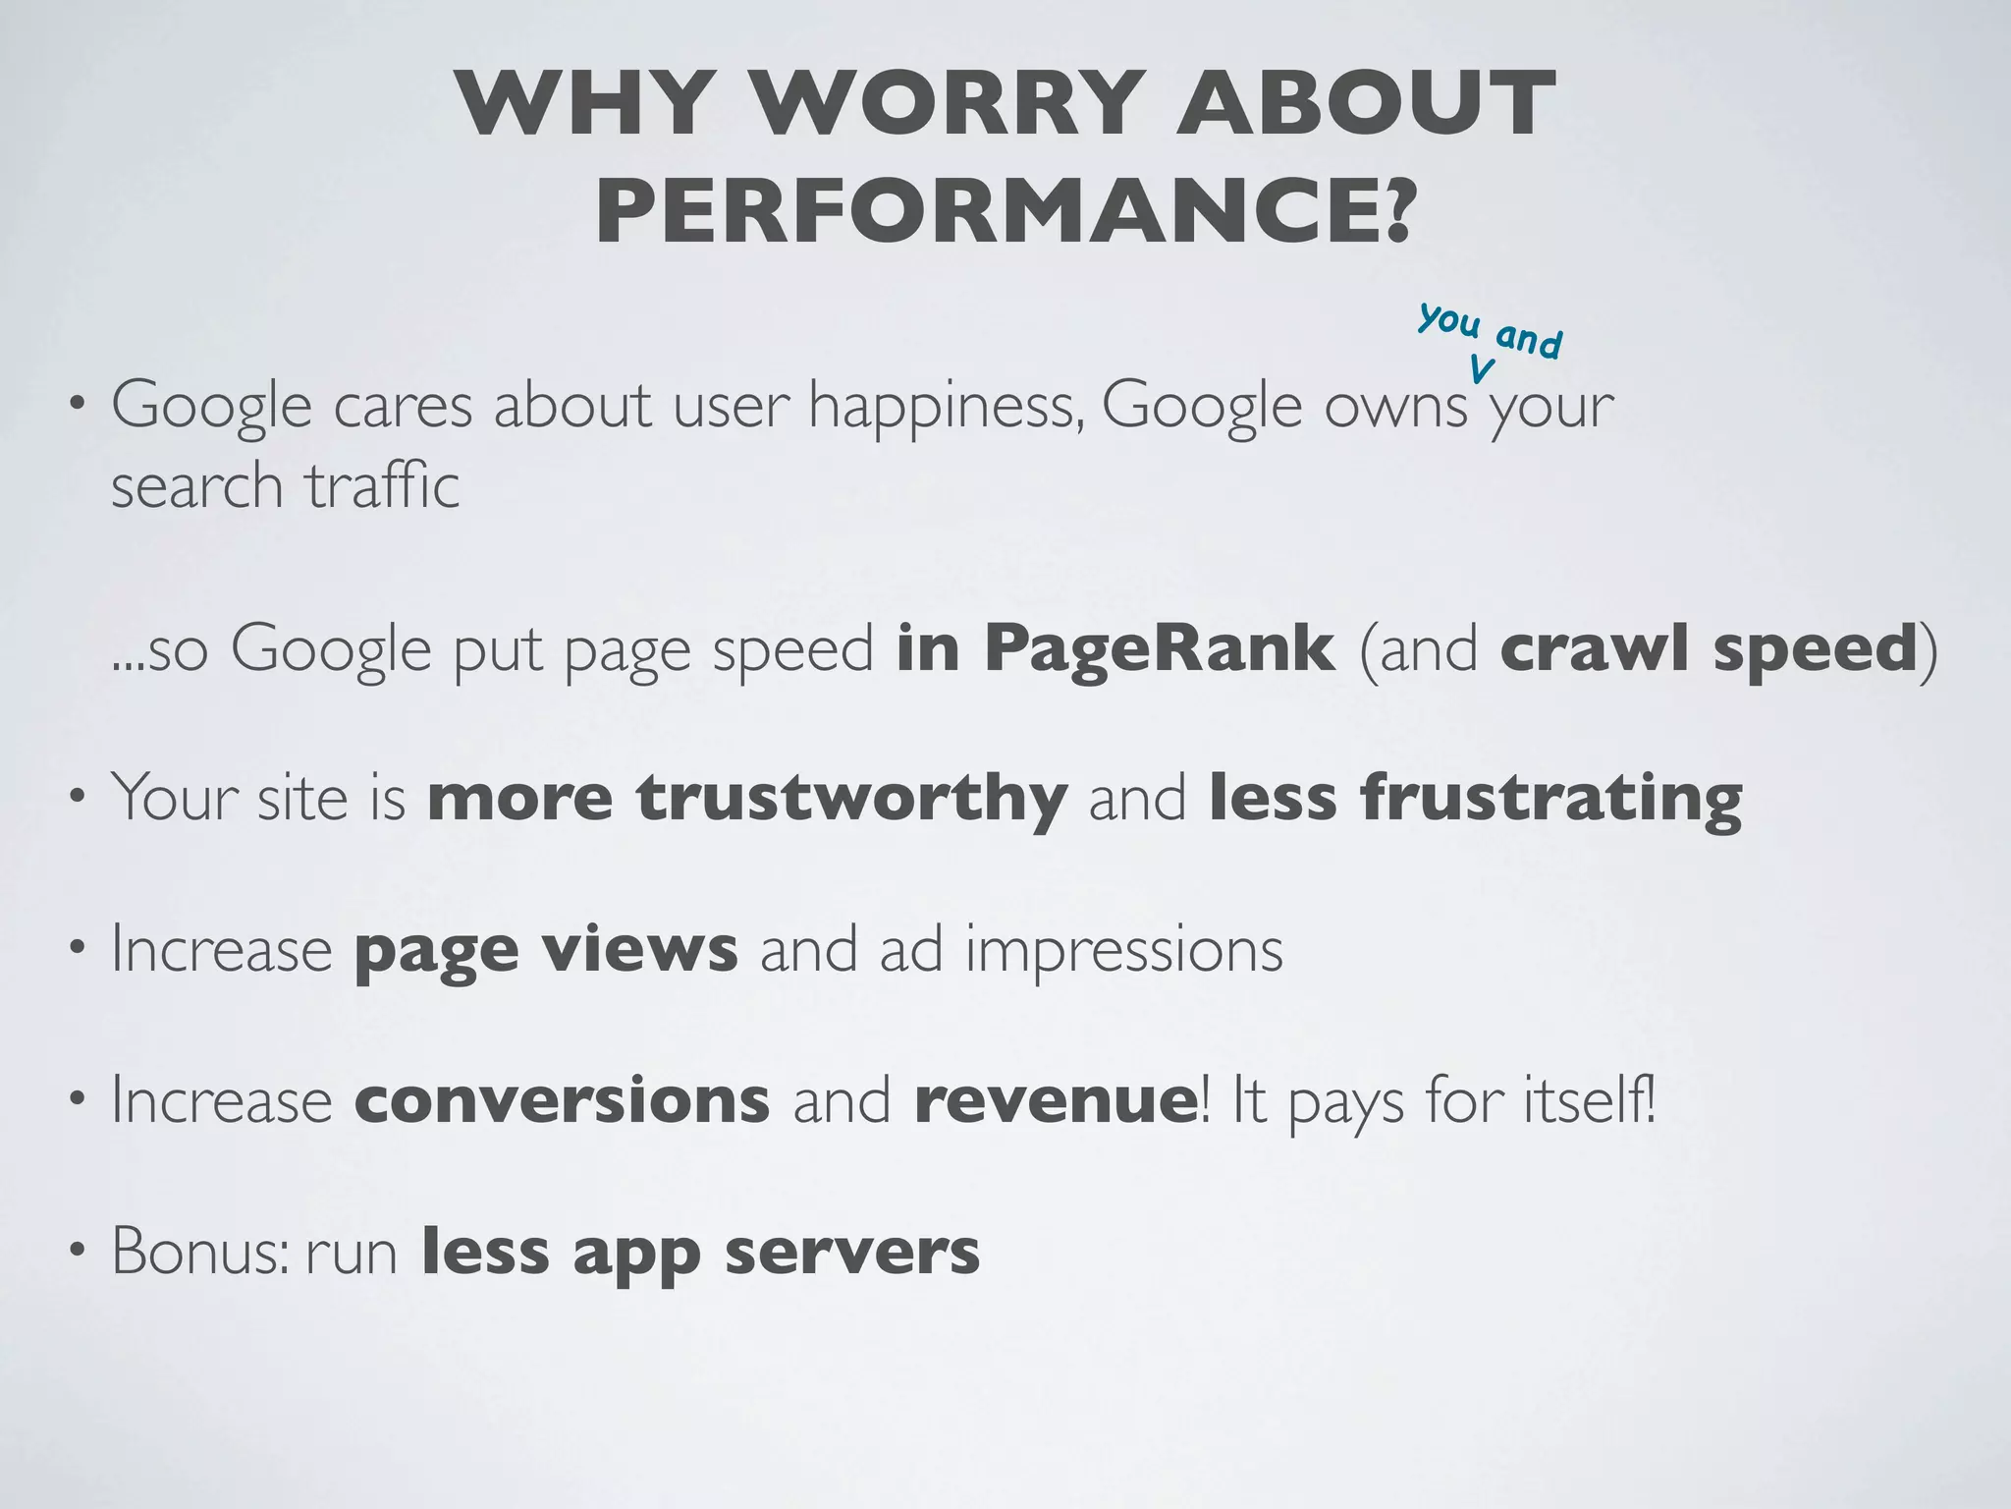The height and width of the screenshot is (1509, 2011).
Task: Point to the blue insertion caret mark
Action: [1482, 369]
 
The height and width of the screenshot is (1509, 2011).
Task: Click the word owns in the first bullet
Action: [1395, 406]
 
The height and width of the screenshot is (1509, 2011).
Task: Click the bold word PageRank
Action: [1160, 648]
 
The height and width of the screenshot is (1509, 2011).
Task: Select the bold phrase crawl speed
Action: [1709, 648]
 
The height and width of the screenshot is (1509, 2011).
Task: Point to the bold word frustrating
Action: [1475, 797]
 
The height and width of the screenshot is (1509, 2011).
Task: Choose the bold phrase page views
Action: [546, 950]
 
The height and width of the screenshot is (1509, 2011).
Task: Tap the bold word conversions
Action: [562, 1101]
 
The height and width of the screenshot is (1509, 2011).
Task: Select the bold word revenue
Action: [1055, 1101]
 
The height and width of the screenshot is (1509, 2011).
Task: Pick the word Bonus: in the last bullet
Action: [200, 1253]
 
